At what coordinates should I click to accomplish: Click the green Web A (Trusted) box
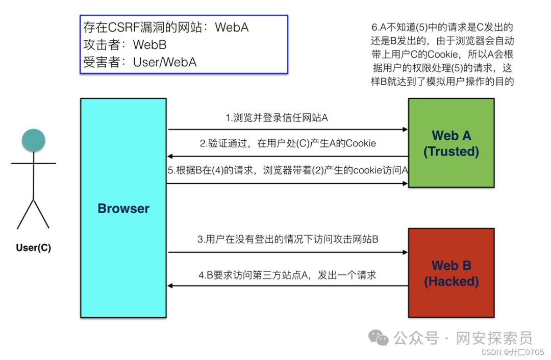click(x=451, y=143)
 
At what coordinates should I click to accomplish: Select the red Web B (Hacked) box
click(x=451, y=273)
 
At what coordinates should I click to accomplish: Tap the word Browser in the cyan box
click(x=123, y=209)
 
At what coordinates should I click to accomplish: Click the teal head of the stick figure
click(x=34, y=140)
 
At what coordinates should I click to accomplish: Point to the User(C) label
click(x=34, y=248)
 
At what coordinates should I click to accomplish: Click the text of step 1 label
click(x=277, y=118)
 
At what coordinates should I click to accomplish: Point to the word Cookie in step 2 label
click(x=361, y=143)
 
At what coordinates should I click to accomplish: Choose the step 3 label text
click(x=288, y=239)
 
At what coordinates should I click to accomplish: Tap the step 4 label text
click(x=287, y=275)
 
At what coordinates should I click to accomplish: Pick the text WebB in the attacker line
click(x=150, y=44)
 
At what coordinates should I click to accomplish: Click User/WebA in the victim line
click(x=165, y=62)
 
